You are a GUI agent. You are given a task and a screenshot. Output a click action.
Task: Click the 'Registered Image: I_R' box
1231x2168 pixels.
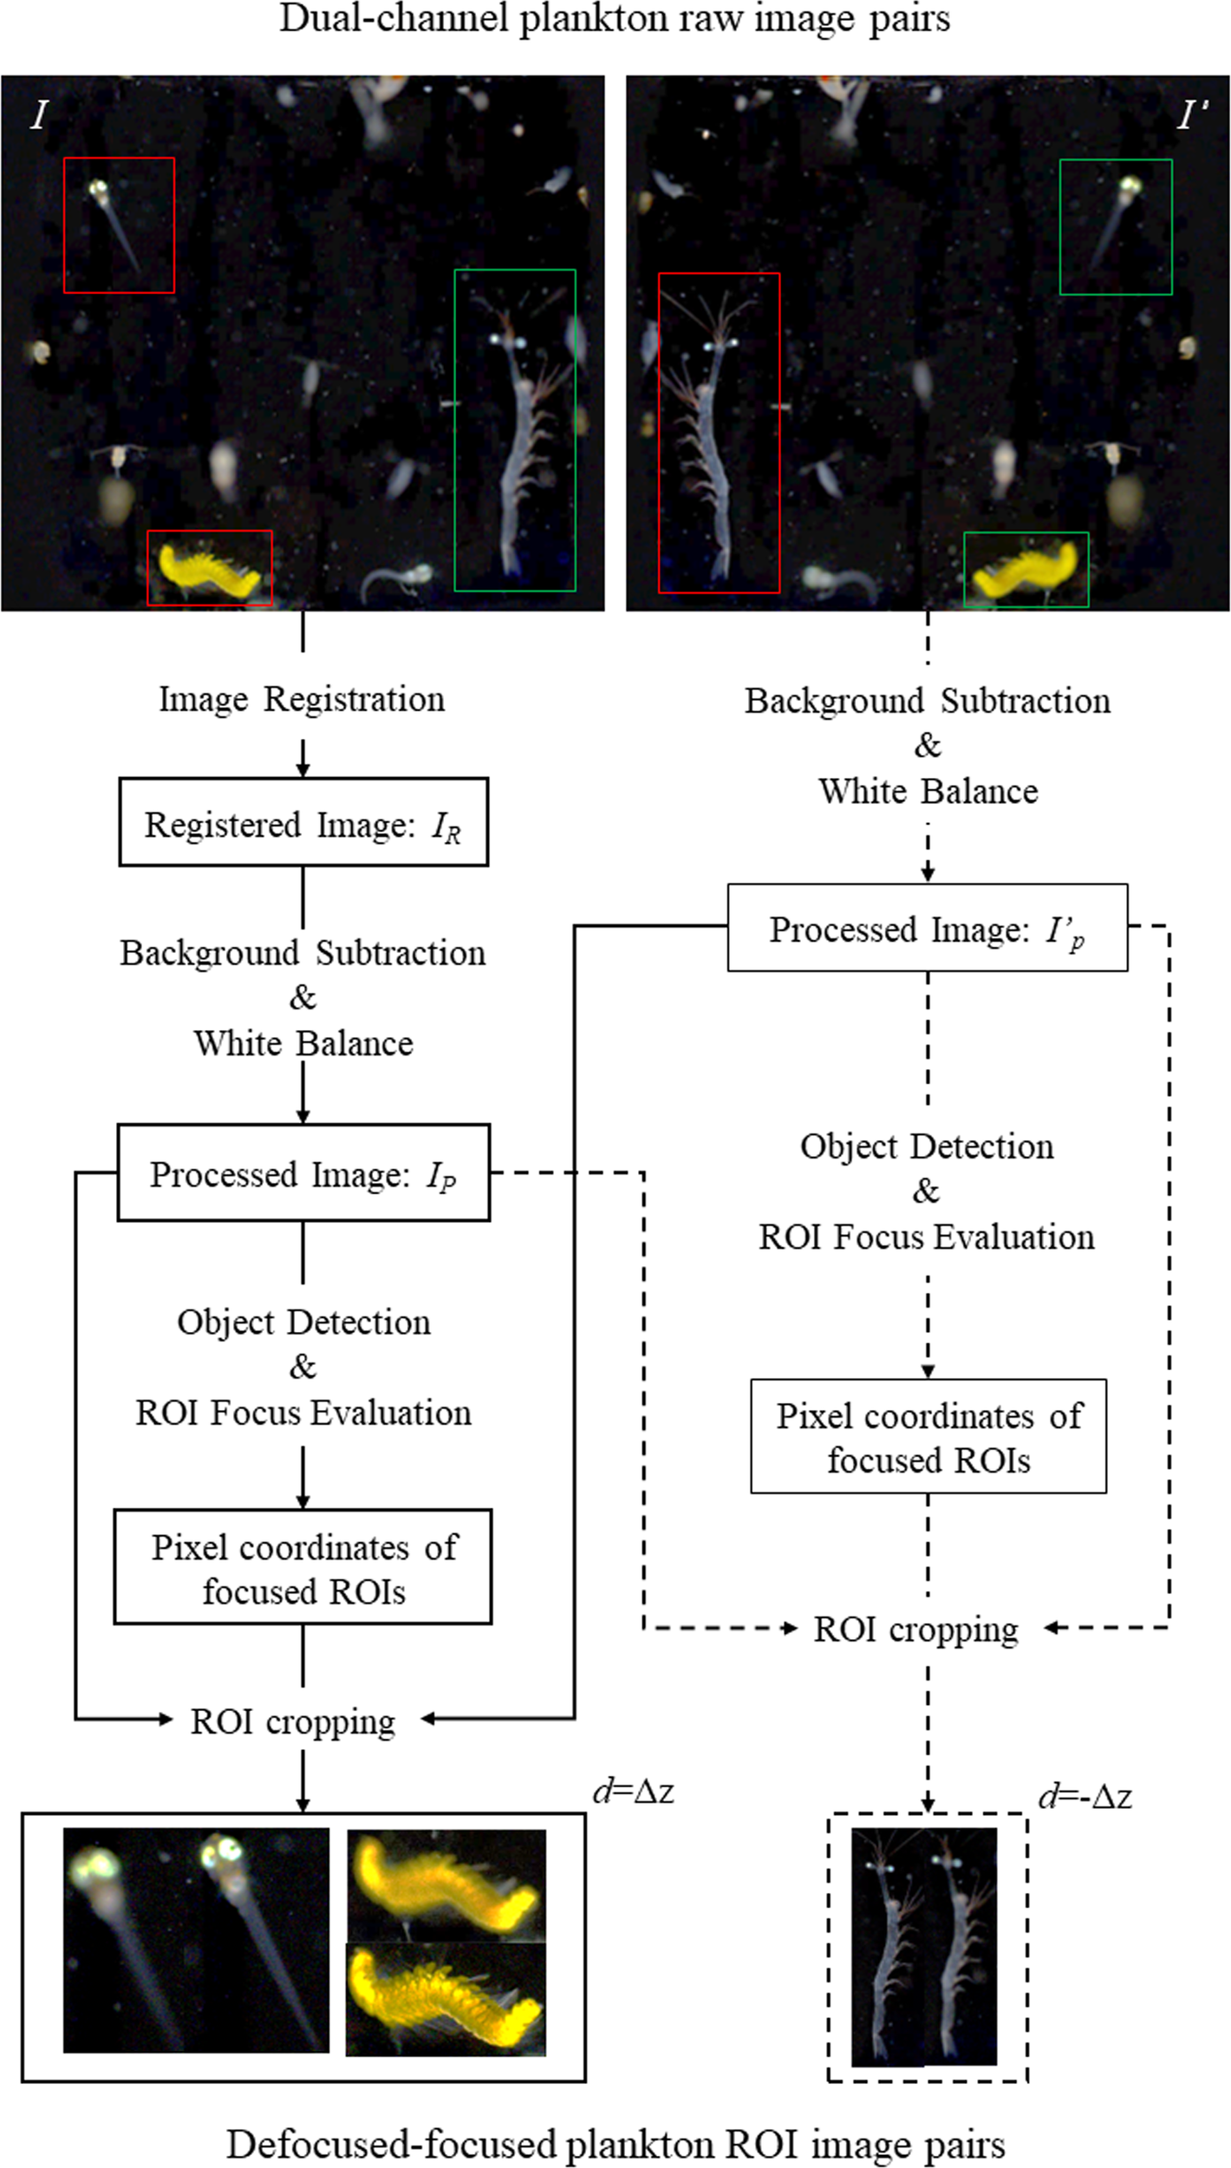tap(303, 822)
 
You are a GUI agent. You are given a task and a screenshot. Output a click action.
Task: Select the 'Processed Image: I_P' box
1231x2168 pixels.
tap(303, 1172)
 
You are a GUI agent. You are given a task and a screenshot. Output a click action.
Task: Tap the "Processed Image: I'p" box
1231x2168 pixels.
tap(927, 928)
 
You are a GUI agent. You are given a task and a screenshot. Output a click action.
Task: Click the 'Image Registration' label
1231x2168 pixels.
tap(302, 699)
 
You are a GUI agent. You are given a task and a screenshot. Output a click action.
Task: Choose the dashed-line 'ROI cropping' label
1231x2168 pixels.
tap(915, 1629)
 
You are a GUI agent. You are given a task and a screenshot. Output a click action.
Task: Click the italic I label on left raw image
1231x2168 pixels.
tap(38, 115)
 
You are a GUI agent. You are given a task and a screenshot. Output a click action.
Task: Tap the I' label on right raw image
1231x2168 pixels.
tap(1192, 115)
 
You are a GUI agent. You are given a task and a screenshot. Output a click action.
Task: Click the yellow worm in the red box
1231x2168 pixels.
tap(208, 570)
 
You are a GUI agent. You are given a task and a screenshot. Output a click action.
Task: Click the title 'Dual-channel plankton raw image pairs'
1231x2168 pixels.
tap(615, 19)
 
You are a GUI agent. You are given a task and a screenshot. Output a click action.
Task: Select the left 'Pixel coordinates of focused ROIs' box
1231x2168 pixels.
tap(303, 1568)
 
